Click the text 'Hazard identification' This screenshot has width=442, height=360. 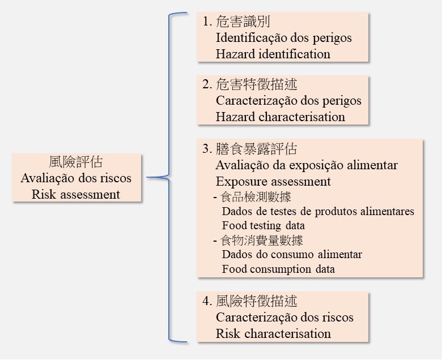coord(273,54)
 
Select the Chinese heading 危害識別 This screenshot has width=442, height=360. coord(243,22)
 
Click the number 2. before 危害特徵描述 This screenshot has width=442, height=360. coord(207,84)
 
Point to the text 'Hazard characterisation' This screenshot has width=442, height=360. coord(280,117)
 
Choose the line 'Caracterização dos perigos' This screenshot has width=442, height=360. coord(288,101)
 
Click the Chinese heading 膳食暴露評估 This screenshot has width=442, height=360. coord(257,149)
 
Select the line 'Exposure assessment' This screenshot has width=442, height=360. coord(273,182)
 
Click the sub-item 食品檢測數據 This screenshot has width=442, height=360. coord(256,197)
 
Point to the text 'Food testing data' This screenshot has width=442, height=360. coord(263,225)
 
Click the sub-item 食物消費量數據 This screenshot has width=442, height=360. coord(262,241)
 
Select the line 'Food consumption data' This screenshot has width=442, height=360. coord(278,269)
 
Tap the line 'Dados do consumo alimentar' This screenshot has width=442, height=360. coord(292,255)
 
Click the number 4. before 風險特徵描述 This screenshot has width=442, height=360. coord(207,301)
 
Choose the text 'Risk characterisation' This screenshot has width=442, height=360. coord(273,333)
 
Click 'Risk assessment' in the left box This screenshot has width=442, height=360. coord(76,195)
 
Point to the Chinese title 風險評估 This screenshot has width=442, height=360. coord(76,162)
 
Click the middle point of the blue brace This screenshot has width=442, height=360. coord(169,178)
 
